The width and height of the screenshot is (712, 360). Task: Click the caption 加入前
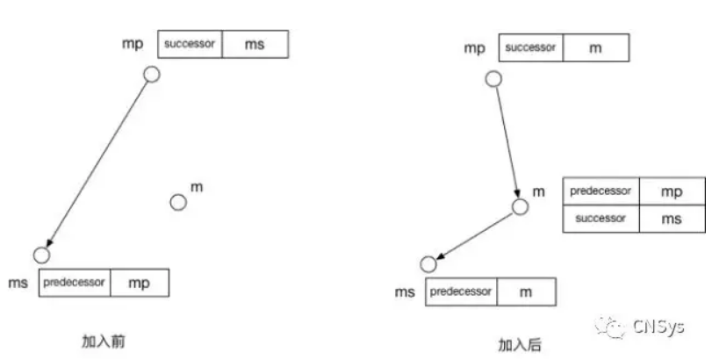tap(103, 341)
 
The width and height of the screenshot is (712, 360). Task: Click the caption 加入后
tap(520, 345)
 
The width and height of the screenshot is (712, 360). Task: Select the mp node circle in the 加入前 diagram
tap(152, 74)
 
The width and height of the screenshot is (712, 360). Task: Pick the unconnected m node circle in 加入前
tap(178, 203)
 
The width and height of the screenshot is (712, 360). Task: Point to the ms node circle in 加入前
tap(42, 256)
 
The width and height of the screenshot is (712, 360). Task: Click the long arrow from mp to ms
tap(97, 164)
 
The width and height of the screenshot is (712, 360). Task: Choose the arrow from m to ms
tap(474, 236)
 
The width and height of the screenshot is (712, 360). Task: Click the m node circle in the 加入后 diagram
tap(521, 206)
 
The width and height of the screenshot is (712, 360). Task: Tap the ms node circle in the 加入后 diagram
tap(428, 264)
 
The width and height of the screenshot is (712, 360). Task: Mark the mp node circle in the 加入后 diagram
tap(494, 79)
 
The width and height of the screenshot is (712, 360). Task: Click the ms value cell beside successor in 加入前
tap(255, 44)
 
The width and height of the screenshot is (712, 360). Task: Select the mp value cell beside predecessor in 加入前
tap(140, 283)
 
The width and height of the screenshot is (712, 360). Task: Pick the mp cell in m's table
tap(672, 191)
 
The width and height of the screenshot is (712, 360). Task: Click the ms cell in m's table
tap(672, 219)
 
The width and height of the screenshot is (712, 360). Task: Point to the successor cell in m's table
tap(601, 219)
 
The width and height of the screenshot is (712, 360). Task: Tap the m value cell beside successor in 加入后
tap(596, 47)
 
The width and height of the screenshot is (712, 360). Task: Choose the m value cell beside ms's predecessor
tap(526, 292)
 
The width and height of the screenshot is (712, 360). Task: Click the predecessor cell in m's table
tap(601, 191)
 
